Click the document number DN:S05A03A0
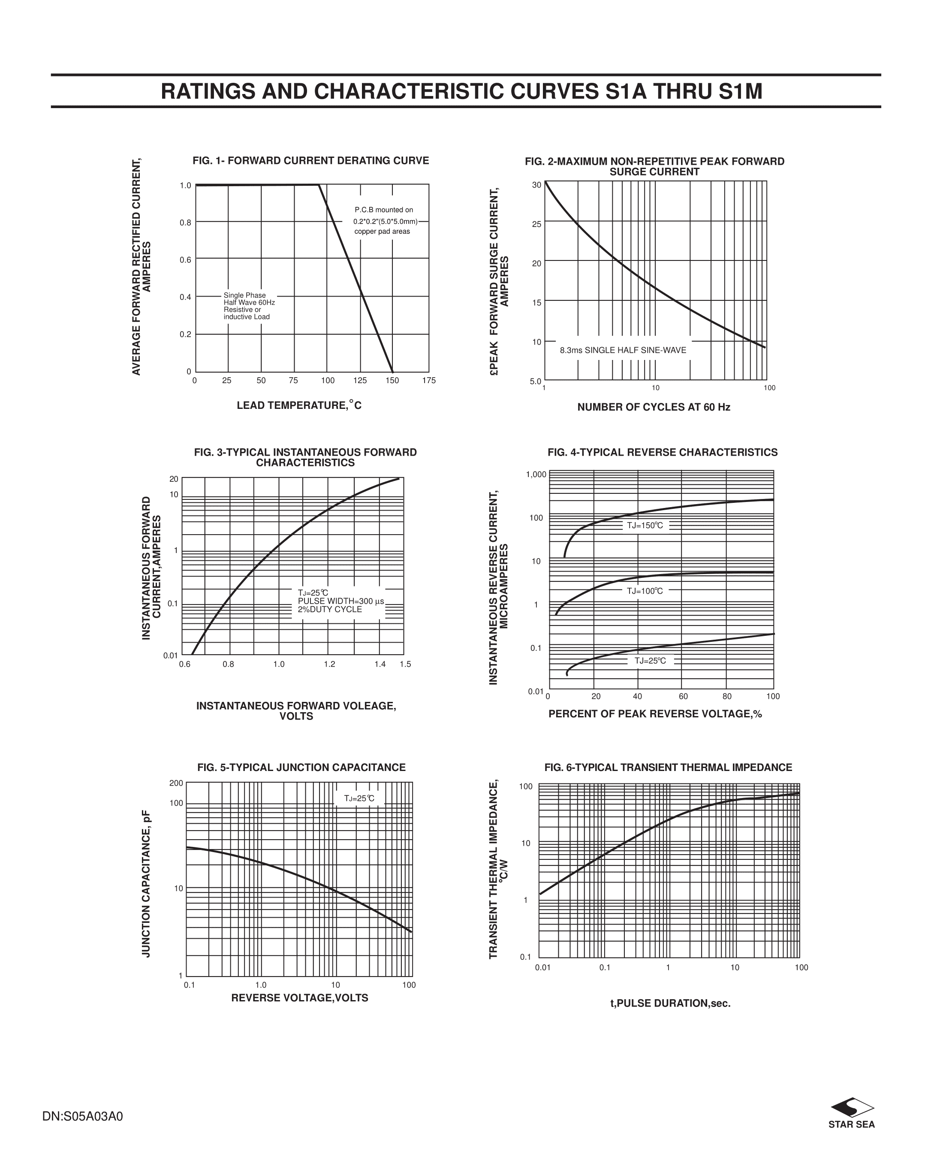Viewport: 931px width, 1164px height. coord(83,1116)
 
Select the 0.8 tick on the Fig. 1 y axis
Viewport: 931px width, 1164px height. coord(185,222)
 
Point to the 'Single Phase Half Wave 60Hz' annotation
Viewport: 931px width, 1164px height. coord(249,299)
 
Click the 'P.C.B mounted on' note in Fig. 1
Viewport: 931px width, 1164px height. coord(384,210)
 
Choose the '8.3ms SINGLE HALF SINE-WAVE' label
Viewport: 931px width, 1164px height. coord(623,351)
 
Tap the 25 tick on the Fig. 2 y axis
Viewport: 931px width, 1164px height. coord(536,224)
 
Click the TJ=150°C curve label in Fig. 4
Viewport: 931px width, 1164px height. coord(645,525)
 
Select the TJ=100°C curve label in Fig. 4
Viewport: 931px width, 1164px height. coord(645,591)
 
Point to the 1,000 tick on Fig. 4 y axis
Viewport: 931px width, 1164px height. coord(536,475)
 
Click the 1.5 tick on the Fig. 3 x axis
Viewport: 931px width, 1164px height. coord(405,664)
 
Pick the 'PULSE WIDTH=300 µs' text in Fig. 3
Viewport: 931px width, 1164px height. coord(340,602)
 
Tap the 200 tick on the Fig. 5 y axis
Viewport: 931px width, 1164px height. coord(177,783)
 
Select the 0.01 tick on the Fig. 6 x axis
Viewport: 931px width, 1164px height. coord(542,967)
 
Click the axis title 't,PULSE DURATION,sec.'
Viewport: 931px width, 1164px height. coord(670,1004)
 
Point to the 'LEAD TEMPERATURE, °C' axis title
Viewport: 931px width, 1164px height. coord(299,405)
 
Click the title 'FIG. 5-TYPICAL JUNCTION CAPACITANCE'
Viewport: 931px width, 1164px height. coord(301,768)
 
